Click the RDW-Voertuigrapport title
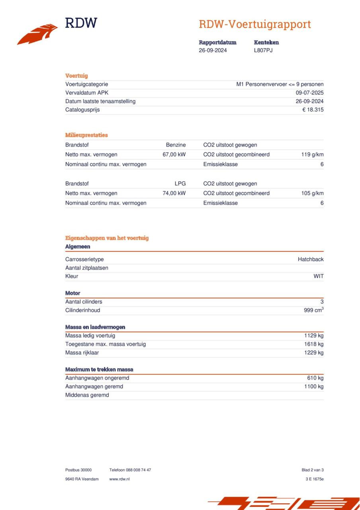tap(255, 24)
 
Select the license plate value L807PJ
tap(263, 50)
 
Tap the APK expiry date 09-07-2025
tap(310, 93)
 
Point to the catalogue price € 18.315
tap(313, 110)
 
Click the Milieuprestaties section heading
tap(86, 135)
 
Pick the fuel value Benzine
tap(176, 145)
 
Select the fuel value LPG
tap(180, 184)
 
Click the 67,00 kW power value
tap(174, 155)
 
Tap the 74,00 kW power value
tap(174, 193)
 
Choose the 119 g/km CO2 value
tap(312, 155)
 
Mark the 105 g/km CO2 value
tap(312, 193)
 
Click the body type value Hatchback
tap(311, 259)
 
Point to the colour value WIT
tap(318, 276)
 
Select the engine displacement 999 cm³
tap(313, 310)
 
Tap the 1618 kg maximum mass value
tap(314, 344)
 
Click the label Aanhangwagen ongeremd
tap(97, 378)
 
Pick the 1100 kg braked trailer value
tap(314, 386)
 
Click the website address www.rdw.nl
tap(119, 479)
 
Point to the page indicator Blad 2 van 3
tap(313, 470)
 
